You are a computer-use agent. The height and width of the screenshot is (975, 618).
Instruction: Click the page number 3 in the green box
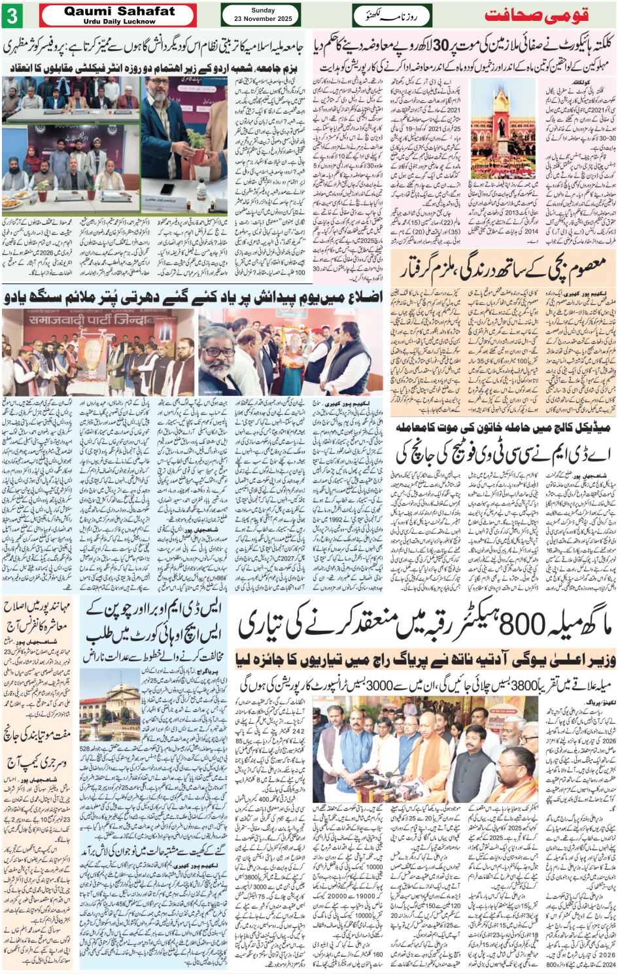tap(12, 14)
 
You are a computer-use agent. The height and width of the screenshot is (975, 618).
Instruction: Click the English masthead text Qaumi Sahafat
tap(119, 10)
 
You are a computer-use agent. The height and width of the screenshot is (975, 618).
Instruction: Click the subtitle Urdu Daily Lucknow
tap(119, 22)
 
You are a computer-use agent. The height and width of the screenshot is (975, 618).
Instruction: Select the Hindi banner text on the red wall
tap(98, 321)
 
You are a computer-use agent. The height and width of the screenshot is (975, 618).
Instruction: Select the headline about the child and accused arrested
tap(504, 268)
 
